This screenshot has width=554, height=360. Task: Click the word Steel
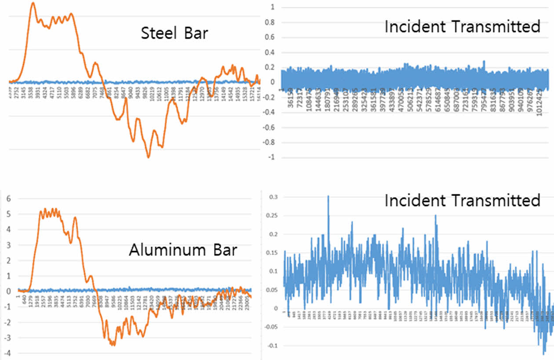tap(157, 33)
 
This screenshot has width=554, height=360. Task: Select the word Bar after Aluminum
tap(222, 251)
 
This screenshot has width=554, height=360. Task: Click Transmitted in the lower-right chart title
tap(495, 201)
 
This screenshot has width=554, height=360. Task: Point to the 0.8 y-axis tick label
tap(269, 22)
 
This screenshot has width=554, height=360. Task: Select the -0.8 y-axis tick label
tap(267, 142)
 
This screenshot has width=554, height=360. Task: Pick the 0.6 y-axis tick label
tap(269, 37)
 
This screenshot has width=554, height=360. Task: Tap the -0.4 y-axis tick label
tap(267, 112)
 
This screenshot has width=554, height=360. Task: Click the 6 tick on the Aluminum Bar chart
tap(7, 199)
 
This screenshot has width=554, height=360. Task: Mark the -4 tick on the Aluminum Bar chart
tap(6, 353)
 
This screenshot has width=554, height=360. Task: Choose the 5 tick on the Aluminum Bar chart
tap(7, 215)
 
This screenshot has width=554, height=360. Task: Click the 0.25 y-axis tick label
tap(272, 215)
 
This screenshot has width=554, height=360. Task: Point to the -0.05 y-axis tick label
tap(270, 327)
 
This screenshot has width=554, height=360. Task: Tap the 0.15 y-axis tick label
tap(272, 253)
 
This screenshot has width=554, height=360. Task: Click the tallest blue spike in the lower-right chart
tap(328, 196)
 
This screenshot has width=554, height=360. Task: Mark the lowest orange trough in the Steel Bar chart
tap(149, 157)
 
